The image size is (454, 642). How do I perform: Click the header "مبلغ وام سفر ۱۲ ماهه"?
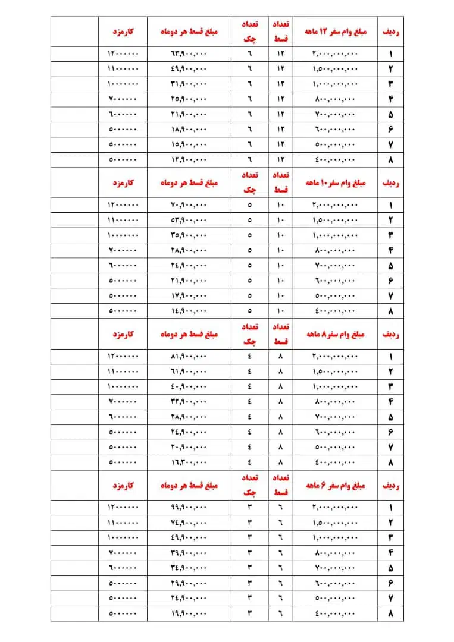coord(335,32)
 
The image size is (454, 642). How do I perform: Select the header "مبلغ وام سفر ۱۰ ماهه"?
coord(335,183)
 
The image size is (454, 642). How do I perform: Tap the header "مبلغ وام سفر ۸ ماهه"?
coord(335,335)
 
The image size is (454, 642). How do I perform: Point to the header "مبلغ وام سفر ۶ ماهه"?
coord(335,486)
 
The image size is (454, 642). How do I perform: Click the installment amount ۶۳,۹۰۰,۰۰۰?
coord(189,53)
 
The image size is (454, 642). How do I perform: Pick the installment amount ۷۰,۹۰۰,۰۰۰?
coord(189,205)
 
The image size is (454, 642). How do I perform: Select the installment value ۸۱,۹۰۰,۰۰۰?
coord(189,357)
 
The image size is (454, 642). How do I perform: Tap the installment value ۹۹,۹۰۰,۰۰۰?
coord(189,508)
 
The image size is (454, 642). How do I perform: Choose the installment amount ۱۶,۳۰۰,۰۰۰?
coord(189,462)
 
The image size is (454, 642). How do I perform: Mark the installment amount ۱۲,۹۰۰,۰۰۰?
coord(189,159)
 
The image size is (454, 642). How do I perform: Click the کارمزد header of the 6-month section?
coord(123,486)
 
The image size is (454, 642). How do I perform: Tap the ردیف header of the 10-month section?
coord(390,183)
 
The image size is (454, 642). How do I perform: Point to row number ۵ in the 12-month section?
coord(390,114)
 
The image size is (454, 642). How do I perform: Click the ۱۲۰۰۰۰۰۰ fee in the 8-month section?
coord(123,357)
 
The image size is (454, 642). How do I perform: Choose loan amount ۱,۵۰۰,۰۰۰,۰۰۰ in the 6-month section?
coord(335,523)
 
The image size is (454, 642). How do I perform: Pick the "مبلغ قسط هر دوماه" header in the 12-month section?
coord(189,32)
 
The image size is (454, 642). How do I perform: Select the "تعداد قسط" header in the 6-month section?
coord(280,486)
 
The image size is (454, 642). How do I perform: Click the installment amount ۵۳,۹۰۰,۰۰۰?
coord(189,220)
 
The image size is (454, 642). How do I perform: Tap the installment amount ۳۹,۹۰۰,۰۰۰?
coord(189,553)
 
